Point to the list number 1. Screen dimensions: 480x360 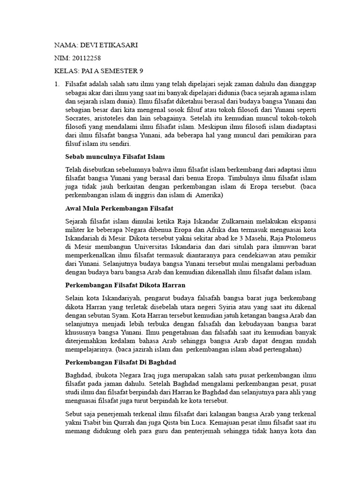click(56, 84)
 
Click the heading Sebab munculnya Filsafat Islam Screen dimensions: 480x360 click(115, 156)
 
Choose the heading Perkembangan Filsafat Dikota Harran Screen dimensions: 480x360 click(125, 285)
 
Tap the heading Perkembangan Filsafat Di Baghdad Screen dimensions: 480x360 click(123, 362)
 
